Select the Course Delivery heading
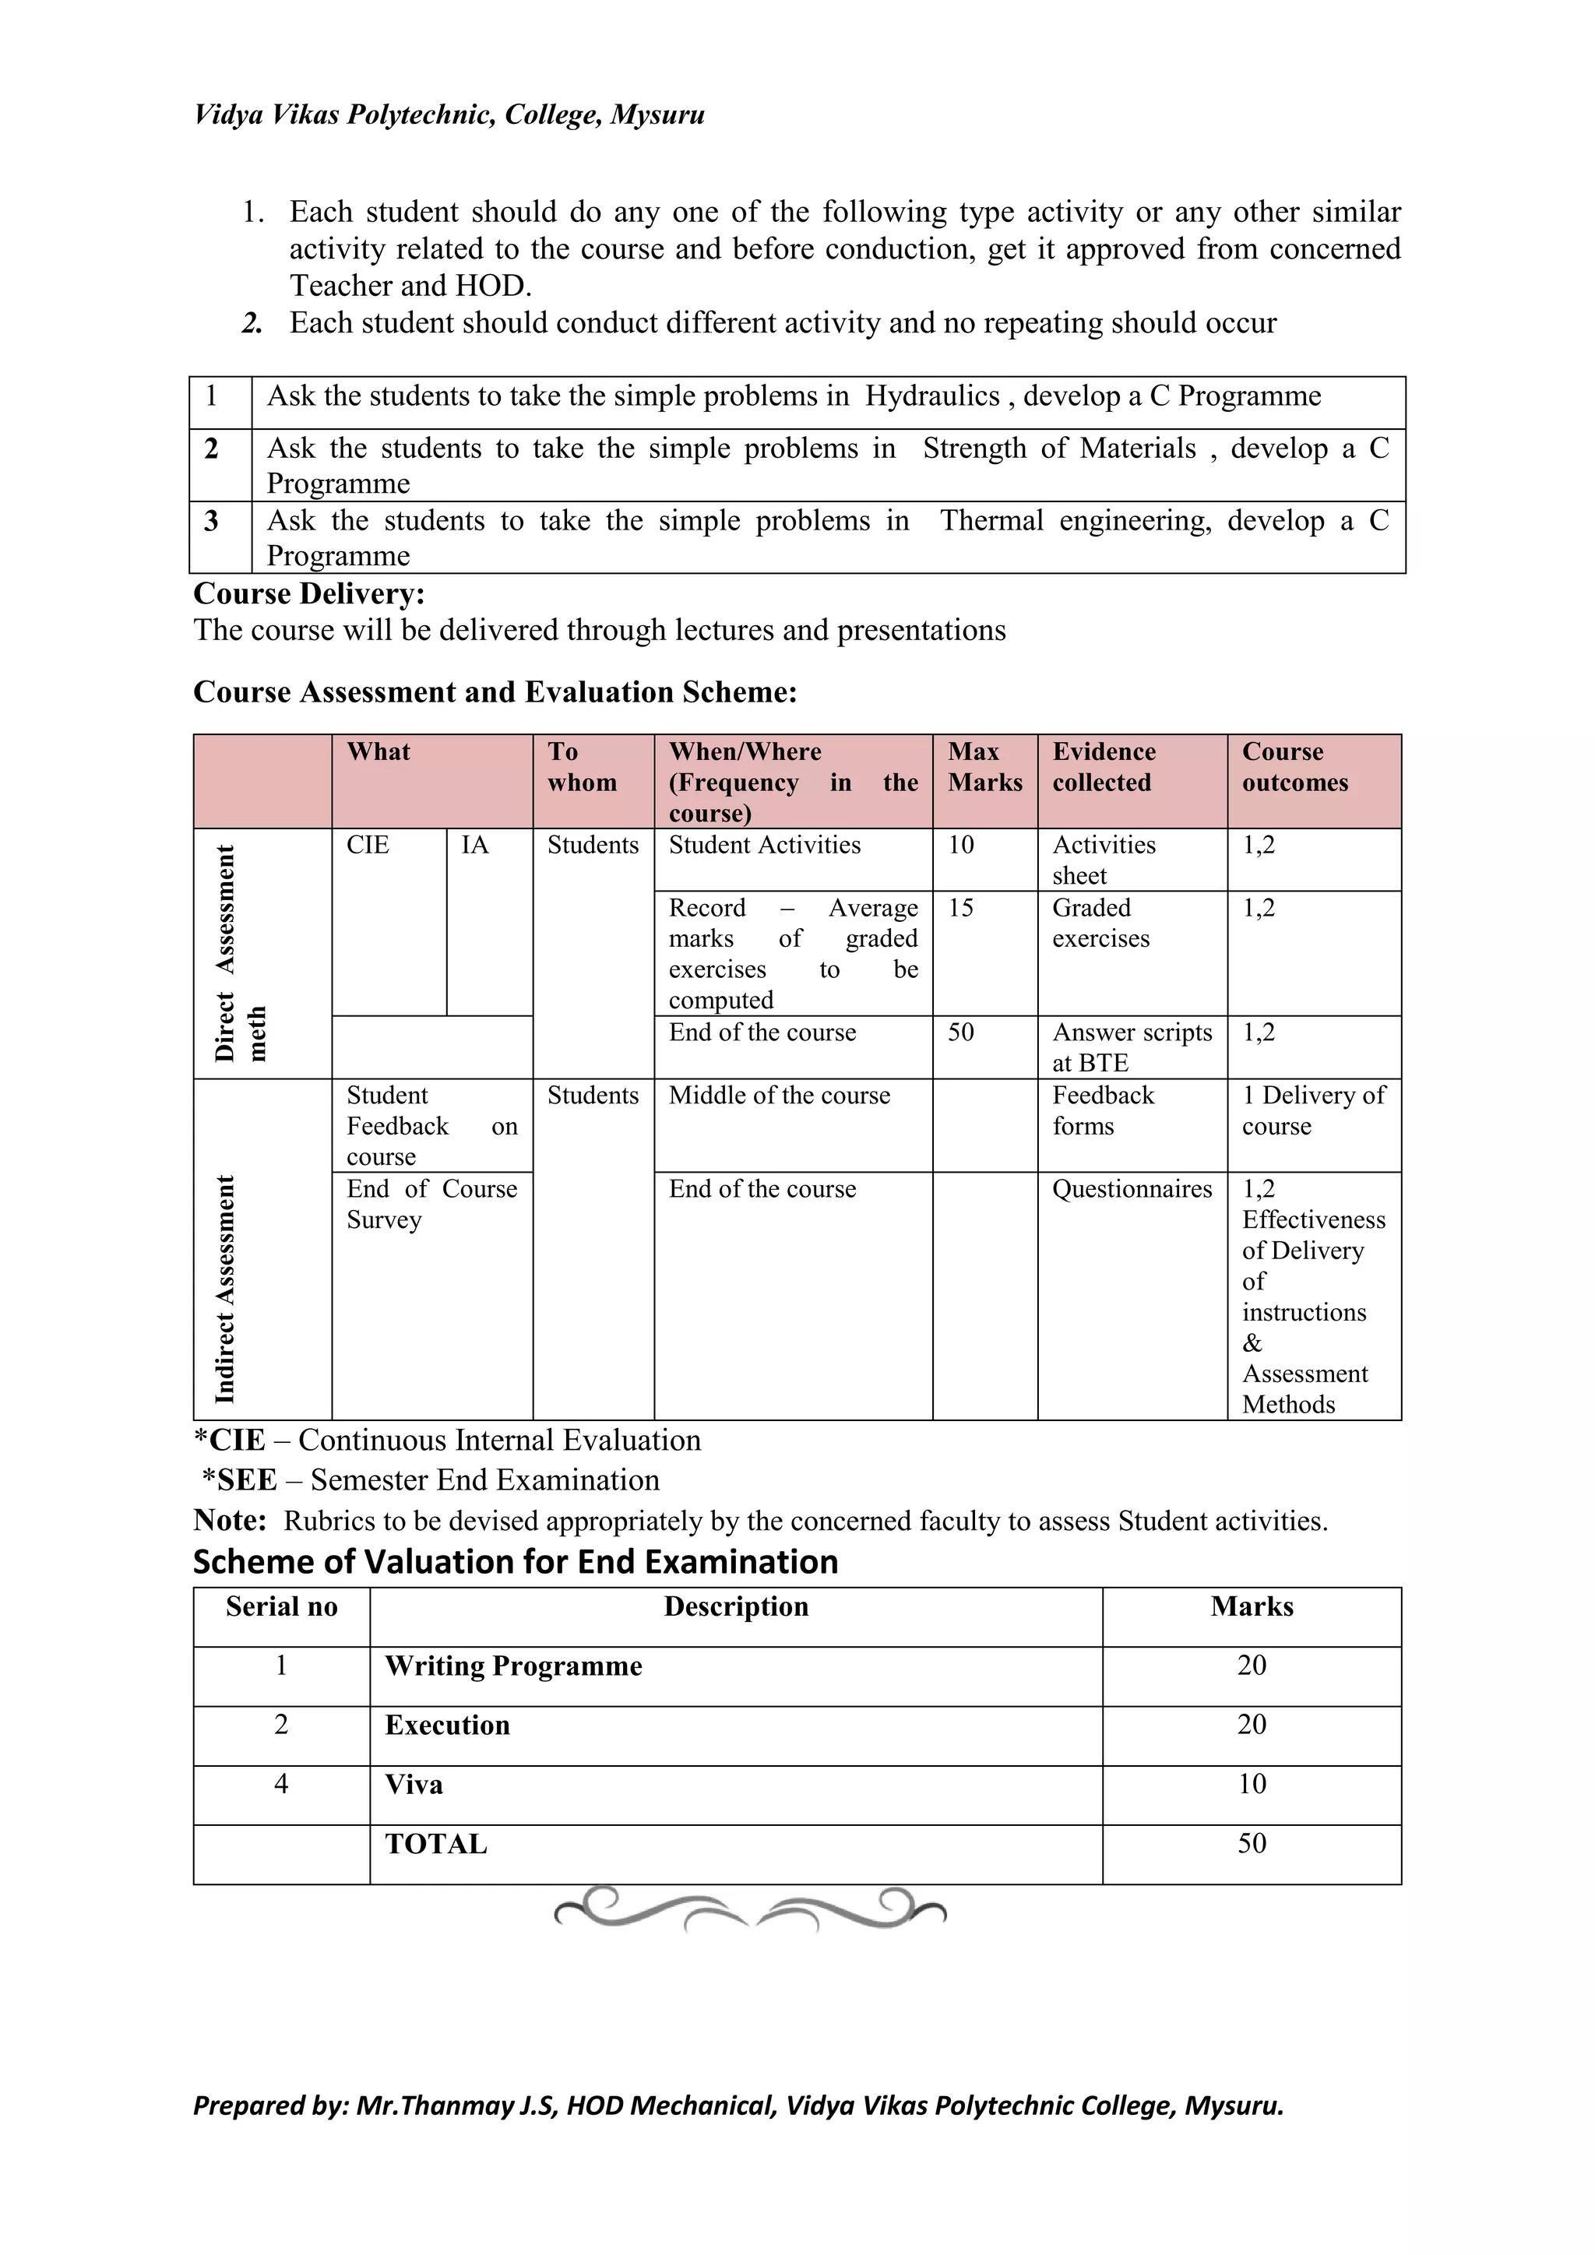click(309, 594)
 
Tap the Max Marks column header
click(984, 767)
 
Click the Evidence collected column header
click(1103, 767)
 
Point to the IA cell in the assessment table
click(475, 846)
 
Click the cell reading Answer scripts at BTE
click(1132, 1047)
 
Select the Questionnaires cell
click(1132, 1189)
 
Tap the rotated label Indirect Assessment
click(226, 1288)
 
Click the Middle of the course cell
click(780, 1096)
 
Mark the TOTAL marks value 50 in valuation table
click(1252, 1844)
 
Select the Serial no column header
click(282, 1607)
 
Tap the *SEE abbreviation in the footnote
click(240, 1481)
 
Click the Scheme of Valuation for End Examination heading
click(516, 1563)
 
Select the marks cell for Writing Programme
click(1252, 1666)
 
